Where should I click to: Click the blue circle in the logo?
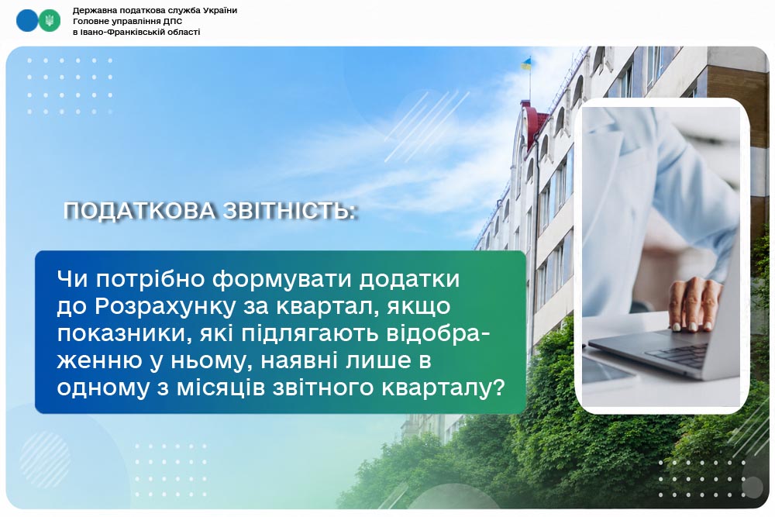[26, 21]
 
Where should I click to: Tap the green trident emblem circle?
[50, 21]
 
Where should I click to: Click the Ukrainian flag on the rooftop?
[526, 64]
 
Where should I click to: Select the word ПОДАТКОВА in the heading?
[139, 211]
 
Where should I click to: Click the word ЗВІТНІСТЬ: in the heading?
[290, 211]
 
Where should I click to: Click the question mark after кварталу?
[499, 387]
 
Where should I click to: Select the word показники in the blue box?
[125, 333]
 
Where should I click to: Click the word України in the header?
[220, 10]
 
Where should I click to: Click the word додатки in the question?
[409, 280]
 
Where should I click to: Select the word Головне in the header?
[89, 21]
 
